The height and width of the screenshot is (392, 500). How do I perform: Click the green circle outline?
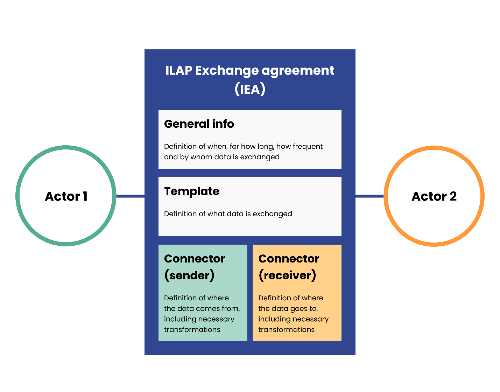17,196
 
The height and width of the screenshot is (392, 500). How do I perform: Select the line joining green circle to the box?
130,196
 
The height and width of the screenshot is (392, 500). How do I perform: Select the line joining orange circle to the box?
369,196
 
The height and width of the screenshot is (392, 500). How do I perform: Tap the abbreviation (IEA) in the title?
250,89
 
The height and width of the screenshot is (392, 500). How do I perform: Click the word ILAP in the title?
178,71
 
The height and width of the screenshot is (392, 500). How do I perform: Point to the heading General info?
199,124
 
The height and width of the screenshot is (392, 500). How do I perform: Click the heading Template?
192,191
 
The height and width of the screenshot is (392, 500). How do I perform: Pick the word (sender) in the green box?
189,275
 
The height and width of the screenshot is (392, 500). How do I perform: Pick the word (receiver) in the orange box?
287,275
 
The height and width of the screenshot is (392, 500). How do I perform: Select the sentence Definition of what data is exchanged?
228,214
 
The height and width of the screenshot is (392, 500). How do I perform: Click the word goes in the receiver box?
298,309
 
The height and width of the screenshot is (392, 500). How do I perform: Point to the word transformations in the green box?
192,330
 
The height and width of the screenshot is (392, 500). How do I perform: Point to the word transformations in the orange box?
286,330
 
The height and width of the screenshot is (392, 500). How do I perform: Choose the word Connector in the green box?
194,259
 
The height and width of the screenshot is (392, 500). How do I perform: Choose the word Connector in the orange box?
289,259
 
